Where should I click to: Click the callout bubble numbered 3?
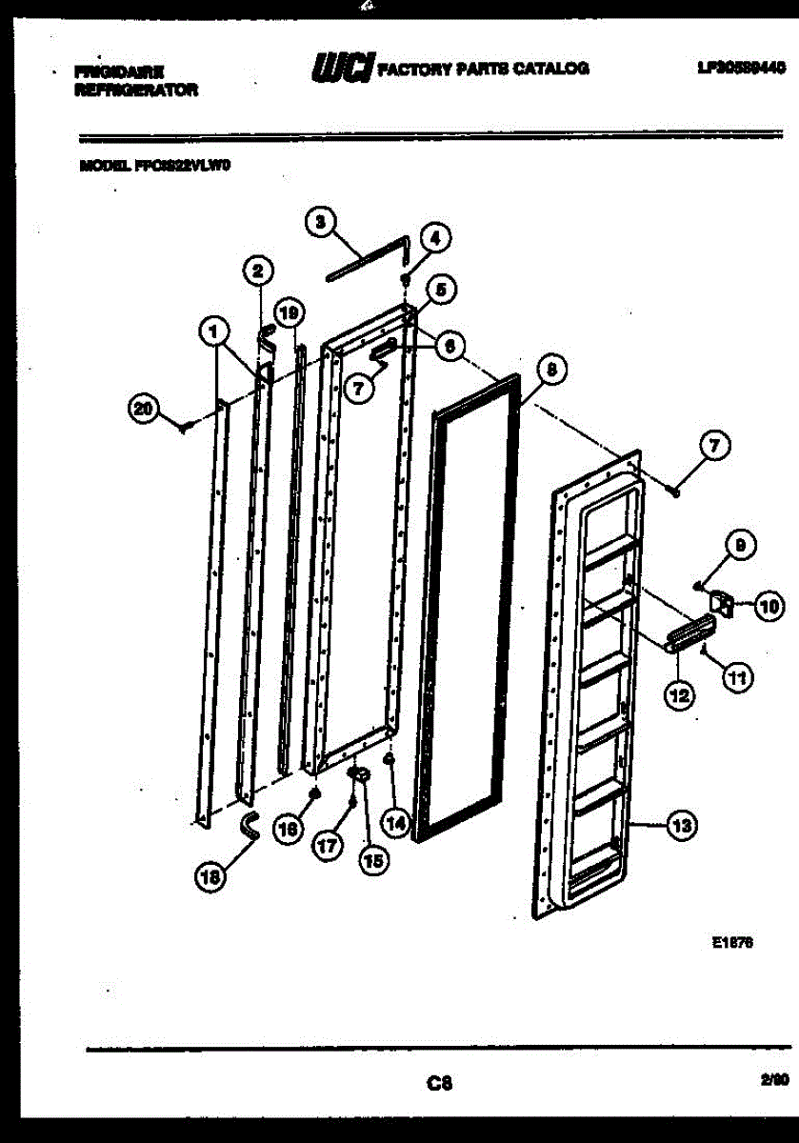(320, 222)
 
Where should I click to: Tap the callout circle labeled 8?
(550, 368)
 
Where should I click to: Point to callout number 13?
(679, 826)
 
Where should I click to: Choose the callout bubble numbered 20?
(144, 409)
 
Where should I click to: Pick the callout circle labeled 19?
(288, 311)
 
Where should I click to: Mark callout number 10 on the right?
(769, 605)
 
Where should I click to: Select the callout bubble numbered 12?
(678, 696)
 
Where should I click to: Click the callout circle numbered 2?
(255, 270)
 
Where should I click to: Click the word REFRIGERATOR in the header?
(135, 90)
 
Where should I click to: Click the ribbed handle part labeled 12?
(689, 632)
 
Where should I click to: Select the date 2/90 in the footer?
(774, 1080)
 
